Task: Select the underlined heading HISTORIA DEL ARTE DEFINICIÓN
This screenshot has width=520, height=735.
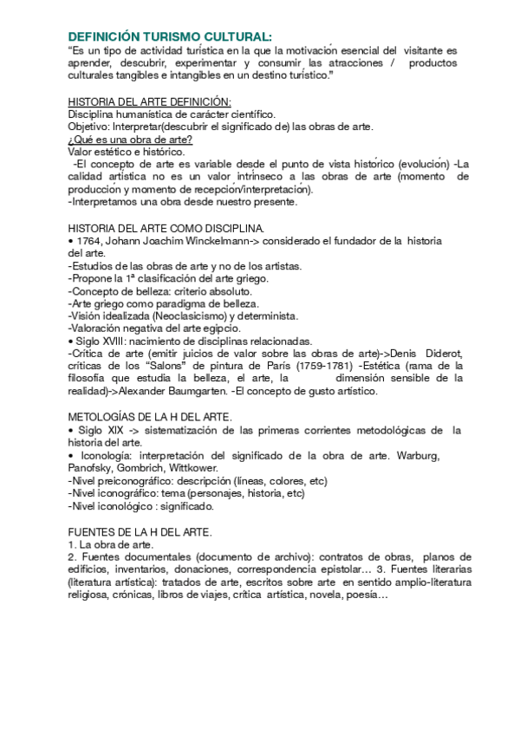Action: tap(149, 102)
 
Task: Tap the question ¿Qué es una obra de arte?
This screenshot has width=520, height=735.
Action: tap(130, 139)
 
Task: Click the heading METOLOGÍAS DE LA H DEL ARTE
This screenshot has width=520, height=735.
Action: tap(150, 418)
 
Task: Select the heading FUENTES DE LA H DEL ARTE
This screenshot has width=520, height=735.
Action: tap(140, 531)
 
